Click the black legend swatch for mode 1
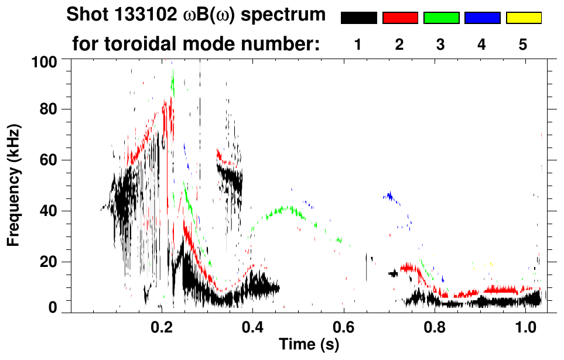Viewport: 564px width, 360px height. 358,18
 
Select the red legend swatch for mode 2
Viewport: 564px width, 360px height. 400,18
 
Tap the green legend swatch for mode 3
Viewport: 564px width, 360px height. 441,18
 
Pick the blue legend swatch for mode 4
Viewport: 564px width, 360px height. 482,18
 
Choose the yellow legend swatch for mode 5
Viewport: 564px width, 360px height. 523,18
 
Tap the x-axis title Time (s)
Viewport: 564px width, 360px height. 308,345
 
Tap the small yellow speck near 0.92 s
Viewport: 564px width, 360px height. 491,265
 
